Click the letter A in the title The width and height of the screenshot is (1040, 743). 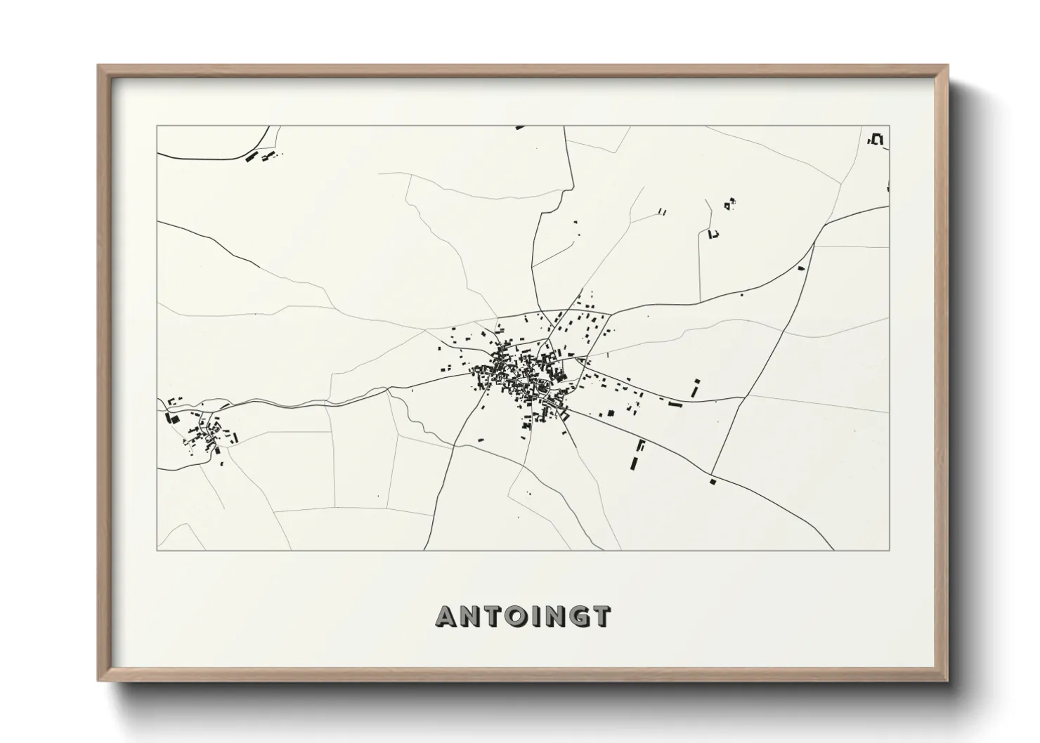(448, 617)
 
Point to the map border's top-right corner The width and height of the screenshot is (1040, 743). (890, 126)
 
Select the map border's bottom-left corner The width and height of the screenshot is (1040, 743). (157, 550)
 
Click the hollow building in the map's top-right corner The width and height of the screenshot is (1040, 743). (876, 139)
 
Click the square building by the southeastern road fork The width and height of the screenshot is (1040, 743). (712, 482)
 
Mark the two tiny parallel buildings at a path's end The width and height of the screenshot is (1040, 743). (661, 210)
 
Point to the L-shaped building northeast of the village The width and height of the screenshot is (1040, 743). (714, 235)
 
